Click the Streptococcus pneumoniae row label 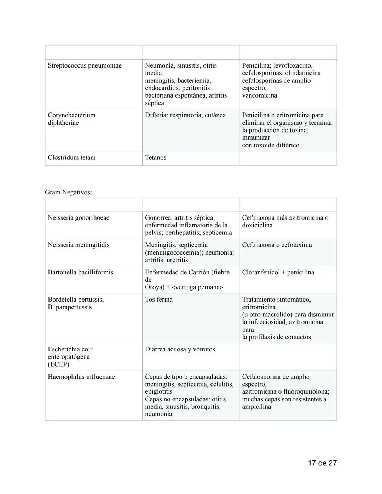[85, 65]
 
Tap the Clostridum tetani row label [71, 157]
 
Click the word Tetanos [155, 157]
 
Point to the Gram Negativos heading [68, 192]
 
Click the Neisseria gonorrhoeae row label [79, 217]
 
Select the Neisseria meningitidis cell [79, 245]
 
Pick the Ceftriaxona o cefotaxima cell [277, 245]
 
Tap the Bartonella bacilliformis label [80, 272]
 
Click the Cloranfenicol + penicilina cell [278, 272]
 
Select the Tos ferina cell [159, 300]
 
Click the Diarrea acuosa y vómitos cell [180, 349]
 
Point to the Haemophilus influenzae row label [81, 377]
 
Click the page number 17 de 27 [322, 463]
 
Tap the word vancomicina [259, 95]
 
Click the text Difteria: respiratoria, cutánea [185, 115]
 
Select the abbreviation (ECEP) [58, 364]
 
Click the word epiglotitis [159, 391]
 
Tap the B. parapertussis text [70, 307]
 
